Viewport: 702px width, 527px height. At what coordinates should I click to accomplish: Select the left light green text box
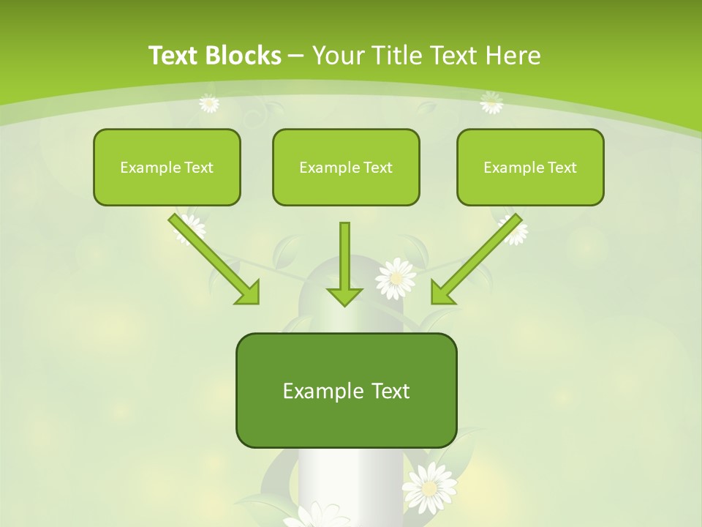(x=167, y=167)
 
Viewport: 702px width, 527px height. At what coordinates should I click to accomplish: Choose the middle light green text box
(x=346, y=167)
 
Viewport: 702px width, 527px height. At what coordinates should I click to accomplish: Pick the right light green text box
(x=530, y=167)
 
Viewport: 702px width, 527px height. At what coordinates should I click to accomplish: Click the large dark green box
(x=346, y=390)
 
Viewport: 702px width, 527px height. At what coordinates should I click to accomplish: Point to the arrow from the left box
(x=214, y=258)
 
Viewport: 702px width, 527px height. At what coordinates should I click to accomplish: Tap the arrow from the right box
(x=477, y=258)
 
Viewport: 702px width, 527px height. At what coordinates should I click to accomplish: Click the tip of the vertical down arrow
(x=344, y=303)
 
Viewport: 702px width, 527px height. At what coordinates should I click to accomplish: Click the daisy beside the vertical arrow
(x=396, y=278)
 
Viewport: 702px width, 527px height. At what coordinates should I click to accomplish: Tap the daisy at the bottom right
(x=430, y=487)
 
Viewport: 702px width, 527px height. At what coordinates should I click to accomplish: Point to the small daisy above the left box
(x=209, y=103)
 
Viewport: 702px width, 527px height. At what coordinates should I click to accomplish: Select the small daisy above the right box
(x=491, y=102)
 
